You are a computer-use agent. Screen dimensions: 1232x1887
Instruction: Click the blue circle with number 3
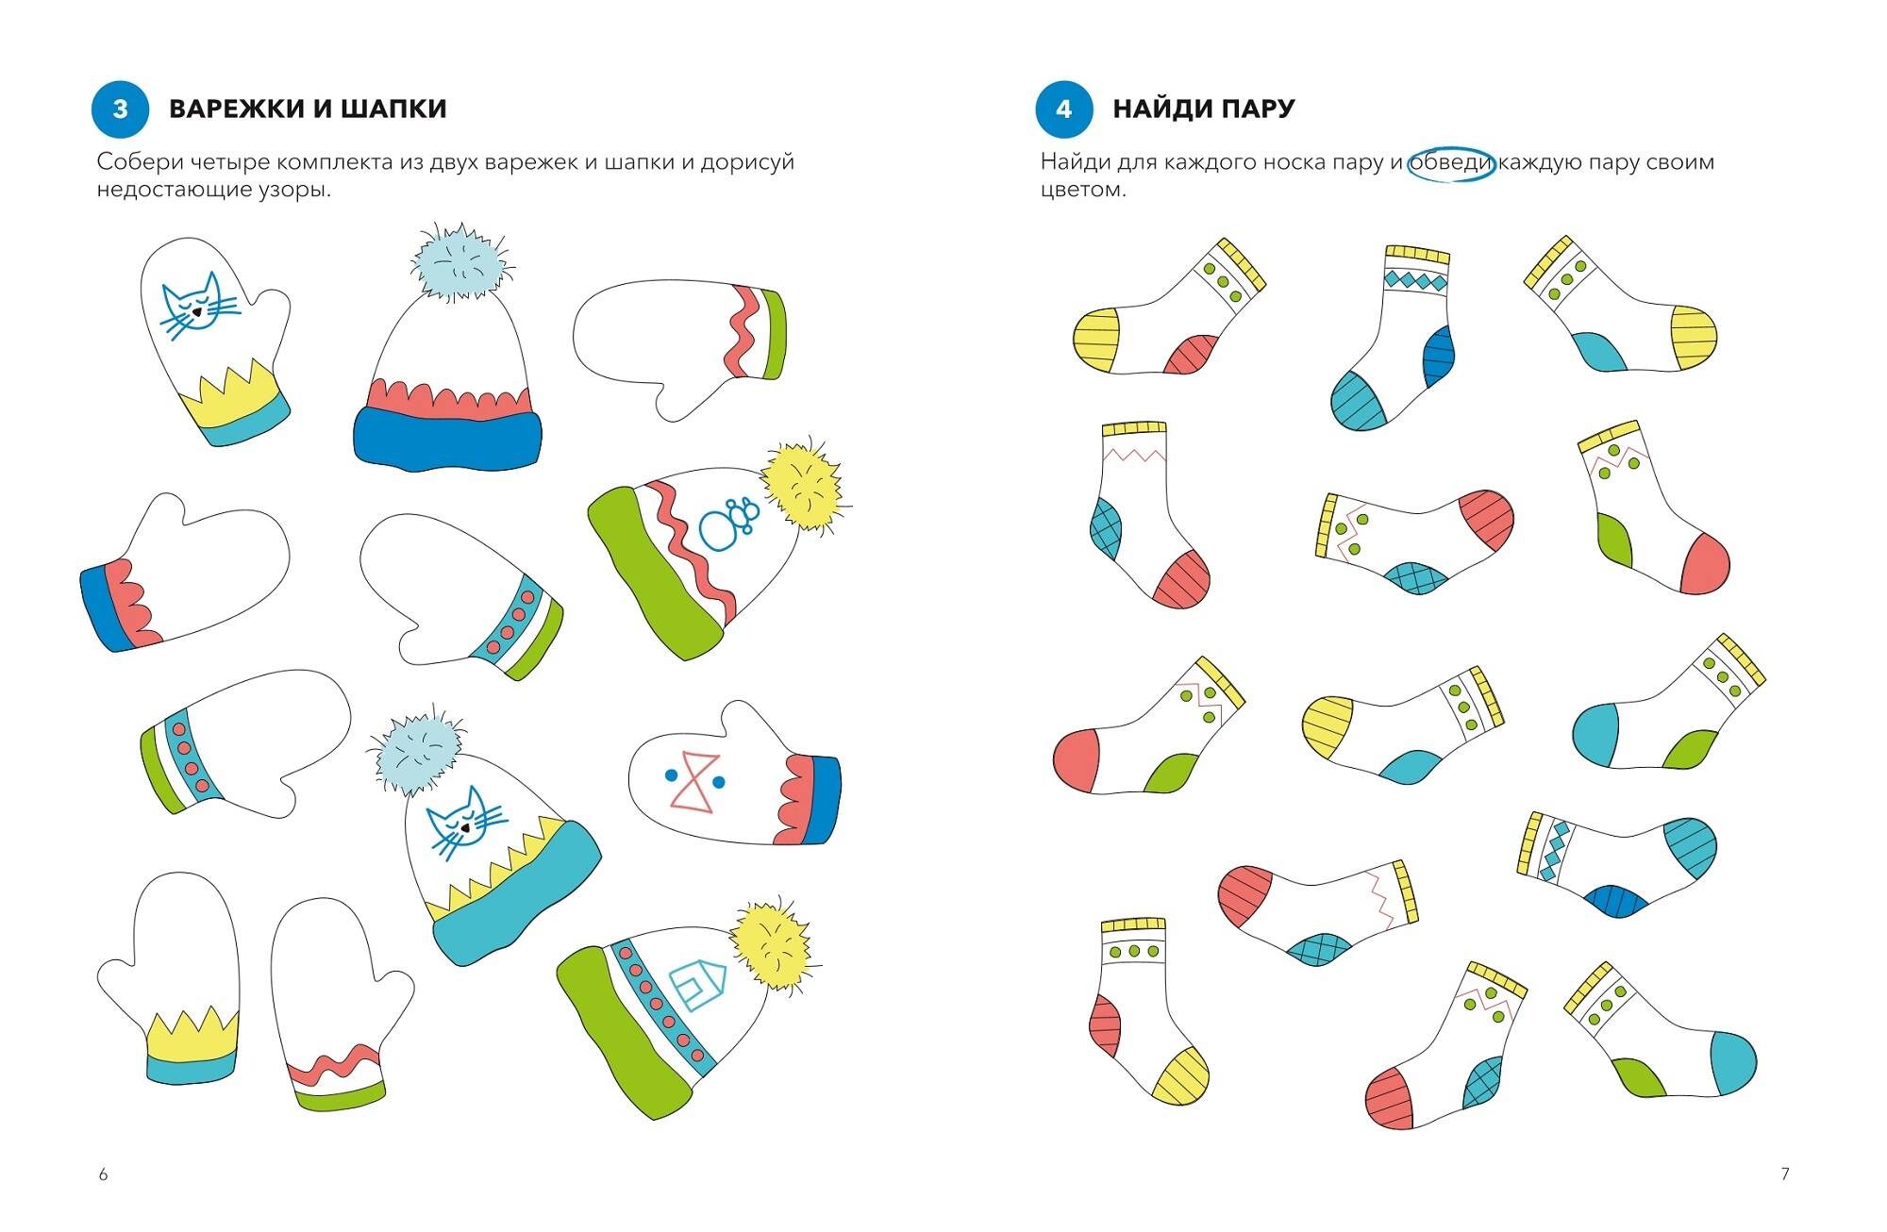click(120, 108)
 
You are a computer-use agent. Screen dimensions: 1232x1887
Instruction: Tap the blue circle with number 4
click(1063, 108)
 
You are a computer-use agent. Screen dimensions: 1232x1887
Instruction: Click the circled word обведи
click(1451, 162)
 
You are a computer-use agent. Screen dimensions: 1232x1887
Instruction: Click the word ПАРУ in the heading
click(1258, 108)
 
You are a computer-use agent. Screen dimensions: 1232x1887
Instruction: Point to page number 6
click(103, 1174)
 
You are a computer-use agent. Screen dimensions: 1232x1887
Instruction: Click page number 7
click(1784, 1174)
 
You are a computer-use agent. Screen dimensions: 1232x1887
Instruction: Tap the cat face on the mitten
click(196, 306)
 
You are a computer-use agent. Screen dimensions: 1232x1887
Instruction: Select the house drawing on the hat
click(698, 984)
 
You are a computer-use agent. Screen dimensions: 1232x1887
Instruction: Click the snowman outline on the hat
click(729, 524)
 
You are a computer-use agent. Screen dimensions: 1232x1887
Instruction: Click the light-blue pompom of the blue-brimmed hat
click(459, 261)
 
